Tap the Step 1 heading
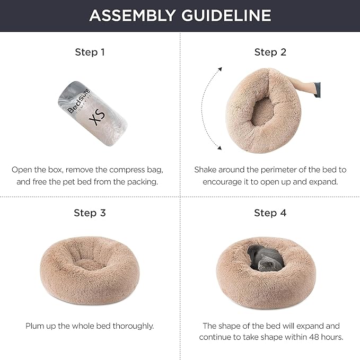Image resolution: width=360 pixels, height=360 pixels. click(x=90, y=52)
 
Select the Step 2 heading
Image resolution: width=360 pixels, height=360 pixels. click(x=270, y=52)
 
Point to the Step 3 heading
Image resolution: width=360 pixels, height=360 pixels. click(x=90, y=213)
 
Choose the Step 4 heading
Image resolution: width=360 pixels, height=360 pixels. click(x=270, y=213)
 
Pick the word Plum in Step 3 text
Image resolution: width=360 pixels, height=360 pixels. click(x=35, y=326)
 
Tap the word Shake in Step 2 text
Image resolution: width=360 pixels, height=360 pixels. click(x=206, y=170)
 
